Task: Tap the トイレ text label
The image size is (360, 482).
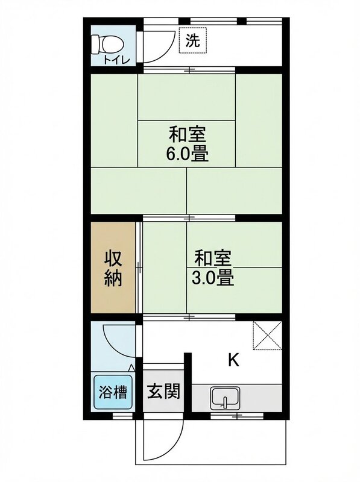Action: click(x=113, y=59)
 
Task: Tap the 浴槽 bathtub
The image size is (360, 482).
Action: click(x=113, y=392)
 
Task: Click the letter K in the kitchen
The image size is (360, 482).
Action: click(x=233, y=361)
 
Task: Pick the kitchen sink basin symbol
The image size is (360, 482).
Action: click(x=225, y=398)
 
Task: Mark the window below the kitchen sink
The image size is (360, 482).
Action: click(x=236, y=416)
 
